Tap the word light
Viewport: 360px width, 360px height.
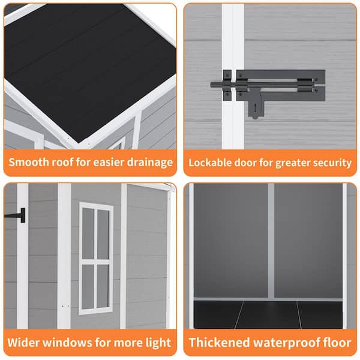click(158, 343)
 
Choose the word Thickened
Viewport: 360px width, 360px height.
click(219, 343)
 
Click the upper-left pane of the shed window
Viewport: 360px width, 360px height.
click(88, 233)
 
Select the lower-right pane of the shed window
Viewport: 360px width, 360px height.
click(103, 286)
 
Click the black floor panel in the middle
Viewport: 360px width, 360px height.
click(268, 315)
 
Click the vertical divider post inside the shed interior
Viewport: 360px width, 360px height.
click(271, 241)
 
